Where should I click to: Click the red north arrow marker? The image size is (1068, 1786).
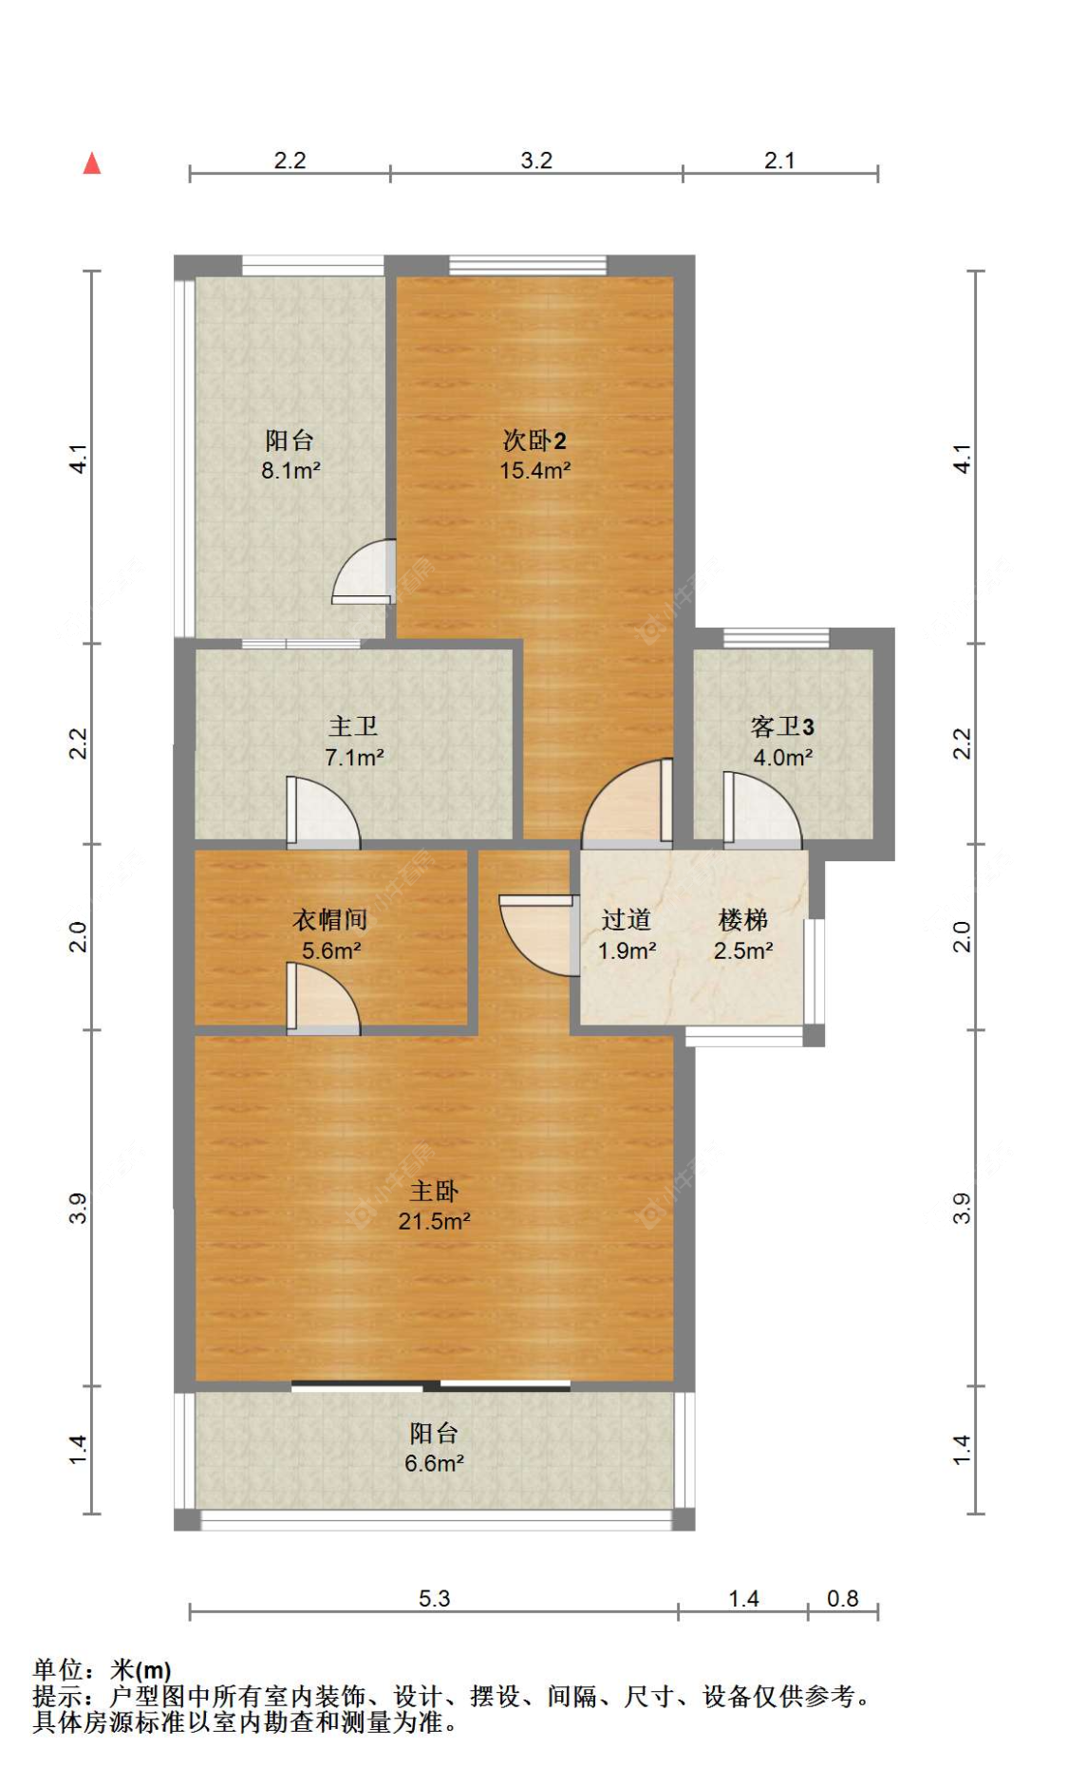(x=92, y=163)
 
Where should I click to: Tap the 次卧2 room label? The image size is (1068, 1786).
(x=534, y=441)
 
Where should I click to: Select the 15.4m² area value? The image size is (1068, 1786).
(x=535, y=470)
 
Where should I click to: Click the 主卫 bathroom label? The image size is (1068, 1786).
(x=353, y=726)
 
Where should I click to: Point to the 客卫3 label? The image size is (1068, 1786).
(x=782, y=726)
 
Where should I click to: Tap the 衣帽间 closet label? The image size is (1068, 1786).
(x=329, y=919)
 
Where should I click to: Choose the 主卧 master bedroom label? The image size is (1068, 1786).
(x=434, y=1191)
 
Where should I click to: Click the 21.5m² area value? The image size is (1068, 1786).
(x=435, y=1221)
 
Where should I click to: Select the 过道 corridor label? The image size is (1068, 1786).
(x=627, y=919)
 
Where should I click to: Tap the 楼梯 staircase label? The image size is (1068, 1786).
(x=743, y=919)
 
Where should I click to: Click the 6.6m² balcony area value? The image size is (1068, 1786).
(x=435, y=1463)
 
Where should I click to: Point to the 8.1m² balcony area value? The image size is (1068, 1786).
(x=290, y=470)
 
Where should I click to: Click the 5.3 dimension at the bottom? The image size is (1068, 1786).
(x=434, y=1598)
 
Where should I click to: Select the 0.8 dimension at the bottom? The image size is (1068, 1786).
(x=843, y=1598)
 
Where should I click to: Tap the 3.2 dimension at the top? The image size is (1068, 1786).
(x=536, y=160)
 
